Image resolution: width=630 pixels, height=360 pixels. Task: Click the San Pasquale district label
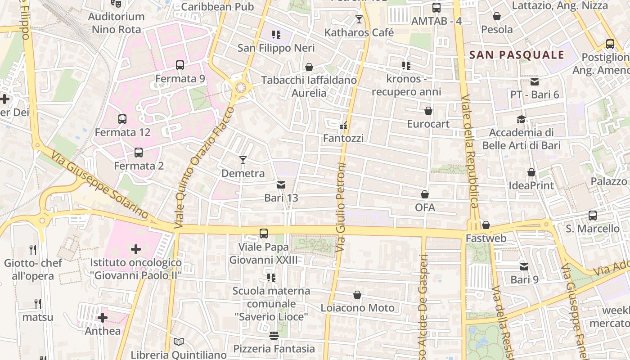pyautogui.click(x=517, y=55)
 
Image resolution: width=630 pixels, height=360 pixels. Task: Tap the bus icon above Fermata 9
pyautogui.click(x=180, y=65)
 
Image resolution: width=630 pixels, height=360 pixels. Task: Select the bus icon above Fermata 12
pyautogui.click(x=122, y=119)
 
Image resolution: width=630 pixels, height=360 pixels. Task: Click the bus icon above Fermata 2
pyautogui.click(x=139, y=153)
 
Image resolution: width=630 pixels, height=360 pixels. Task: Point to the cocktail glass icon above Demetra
pyautogui.click(x=243, y=160)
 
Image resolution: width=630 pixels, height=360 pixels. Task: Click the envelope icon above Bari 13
pyautogui.click(x=281, y=184)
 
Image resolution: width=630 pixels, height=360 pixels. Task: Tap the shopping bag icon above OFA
pyautogui.click(x=425, y=194)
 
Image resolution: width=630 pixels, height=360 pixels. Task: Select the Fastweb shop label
pyautogui.click(x=486, y=238)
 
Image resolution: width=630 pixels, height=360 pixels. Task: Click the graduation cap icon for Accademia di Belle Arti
pyautogui.click(x=521, y=119)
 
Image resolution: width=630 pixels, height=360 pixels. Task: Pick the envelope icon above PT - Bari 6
pyautogui.click(x=535, y=81)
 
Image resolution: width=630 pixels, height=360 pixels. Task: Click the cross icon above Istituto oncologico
pyautogui.click(x=136, y=249)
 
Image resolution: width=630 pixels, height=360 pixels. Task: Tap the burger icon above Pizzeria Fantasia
pyautogui.click(x=274, y=336)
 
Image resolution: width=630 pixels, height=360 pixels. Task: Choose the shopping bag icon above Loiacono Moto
pyautogui.click(x=357, y=295)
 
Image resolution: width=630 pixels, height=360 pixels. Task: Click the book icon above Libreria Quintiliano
pyautogui.click(x=179, y=342)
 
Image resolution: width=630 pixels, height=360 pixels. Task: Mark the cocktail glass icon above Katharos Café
pyautogui.click(x=359, y=19)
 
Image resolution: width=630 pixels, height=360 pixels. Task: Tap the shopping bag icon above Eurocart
pyautogui.click(x=428, y=110)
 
